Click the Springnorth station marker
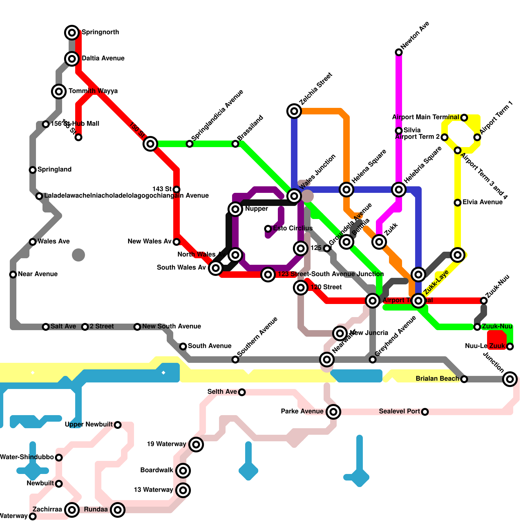pos(72,32)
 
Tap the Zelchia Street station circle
pos(294,111)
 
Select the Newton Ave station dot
pos(399,52)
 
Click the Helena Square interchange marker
pos(346,190)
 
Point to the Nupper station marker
pos(235,209)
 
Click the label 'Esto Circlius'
pos(293,228)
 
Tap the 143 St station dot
pos(177,190)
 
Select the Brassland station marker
pos(235,144)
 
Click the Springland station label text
pos(54,169)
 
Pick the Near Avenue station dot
pos(13,275)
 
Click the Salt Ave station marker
pos(46,327)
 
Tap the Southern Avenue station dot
pos(235,360)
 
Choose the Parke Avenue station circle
pos(333,412)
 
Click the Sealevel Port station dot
pos(425,412)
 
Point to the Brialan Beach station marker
pos(464,379)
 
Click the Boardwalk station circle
pos(183,471)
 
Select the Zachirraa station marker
pos(72,510)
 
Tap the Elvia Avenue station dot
pos(458,203)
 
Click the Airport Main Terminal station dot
pos(464,118)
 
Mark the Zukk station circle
pos(379,242)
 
